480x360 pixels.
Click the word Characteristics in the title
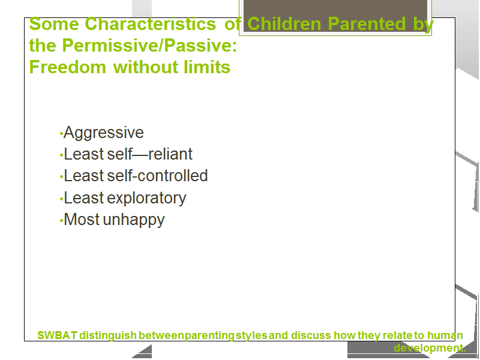tap(151, 23)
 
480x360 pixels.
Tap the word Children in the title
tap(284, 23)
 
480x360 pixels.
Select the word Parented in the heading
tap(367, 23)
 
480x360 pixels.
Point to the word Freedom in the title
tap(67, 67)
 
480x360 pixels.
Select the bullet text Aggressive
tap(104, 133)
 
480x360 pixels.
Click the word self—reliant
tap(150, 154)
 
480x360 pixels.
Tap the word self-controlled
tap(158, 175)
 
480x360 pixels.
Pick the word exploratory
tap(146, 198)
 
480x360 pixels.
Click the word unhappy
tap(134, 220)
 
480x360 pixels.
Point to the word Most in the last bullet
tap(82, 220)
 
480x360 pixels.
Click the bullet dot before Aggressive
tap(61, 134)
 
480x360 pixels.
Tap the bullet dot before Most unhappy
tap(61, 220)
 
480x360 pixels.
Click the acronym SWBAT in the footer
tap(57, 335)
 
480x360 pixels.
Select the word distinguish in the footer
tap(108, 336)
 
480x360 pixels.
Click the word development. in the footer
tap(430, 348)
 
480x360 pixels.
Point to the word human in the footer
tap(445, 335)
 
